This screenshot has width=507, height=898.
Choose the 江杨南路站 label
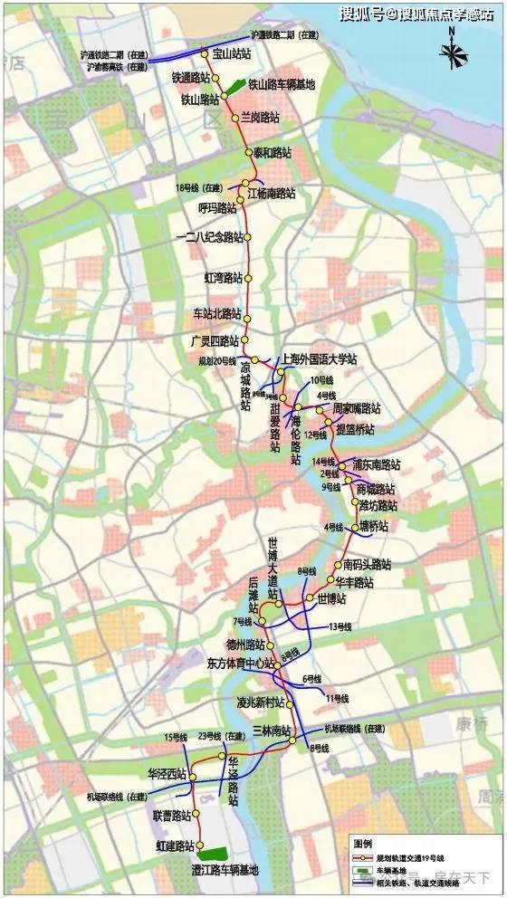[272, 193]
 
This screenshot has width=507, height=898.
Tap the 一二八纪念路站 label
[209, 237]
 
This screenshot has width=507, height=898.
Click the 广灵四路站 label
[215, 341]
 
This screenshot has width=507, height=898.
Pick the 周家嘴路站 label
[357, 409]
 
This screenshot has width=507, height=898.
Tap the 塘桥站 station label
[373, 526]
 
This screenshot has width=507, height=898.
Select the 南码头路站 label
[367, 565]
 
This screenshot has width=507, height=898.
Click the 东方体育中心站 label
[234, 663]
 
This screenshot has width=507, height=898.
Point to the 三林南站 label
[273, 731]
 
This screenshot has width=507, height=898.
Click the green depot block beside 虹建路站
[213, 853]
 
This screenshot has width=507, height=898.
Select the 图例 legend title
[362, 840]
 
